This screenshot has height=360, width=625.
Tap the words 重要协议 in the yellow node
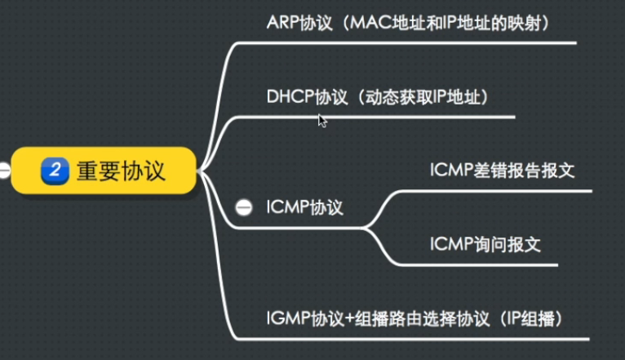(121, 170)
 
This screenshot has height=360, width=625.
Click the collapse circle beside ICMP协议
(243, 208)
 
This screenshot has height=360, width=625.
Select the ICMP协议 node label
(304, 207)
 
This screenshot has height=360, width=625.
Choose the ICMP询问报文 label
(485, 243)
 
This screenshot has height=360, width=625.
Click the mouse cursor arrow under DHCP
(322, 120)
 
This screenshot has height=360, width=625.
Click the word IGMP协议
(298, 318)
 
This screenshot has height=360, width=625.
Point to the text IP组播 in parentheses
(536, 318)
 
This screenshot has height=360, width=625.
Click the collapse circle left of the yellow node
(4, 171)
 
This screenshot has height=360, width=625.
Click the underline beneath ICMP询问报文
(490, 264)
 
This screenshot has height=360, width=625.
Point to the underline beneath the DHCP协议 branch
(375, 118)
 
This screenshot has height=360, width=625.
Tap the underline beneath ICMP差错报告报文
(506, 191)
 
